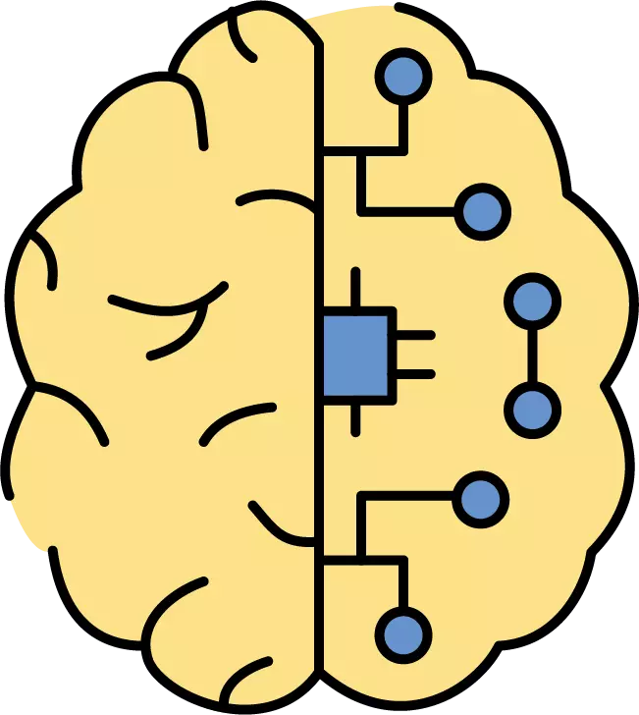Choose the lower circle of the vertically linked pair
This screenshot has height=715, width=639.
(532, 409)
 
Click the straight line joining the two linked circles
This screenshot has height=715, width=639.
(532, 355)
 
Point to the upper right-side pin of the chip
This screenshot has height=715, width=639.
(414, 335)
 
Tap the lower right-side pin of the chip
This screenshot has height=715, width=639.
(414, 373)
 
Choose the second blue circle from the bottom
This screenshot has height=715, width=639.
(481, 498)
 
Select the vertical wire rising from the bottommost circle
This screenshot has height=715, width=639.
(403, 584)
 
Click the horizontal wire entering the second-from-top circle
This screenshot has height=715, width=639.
(412, 211)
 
